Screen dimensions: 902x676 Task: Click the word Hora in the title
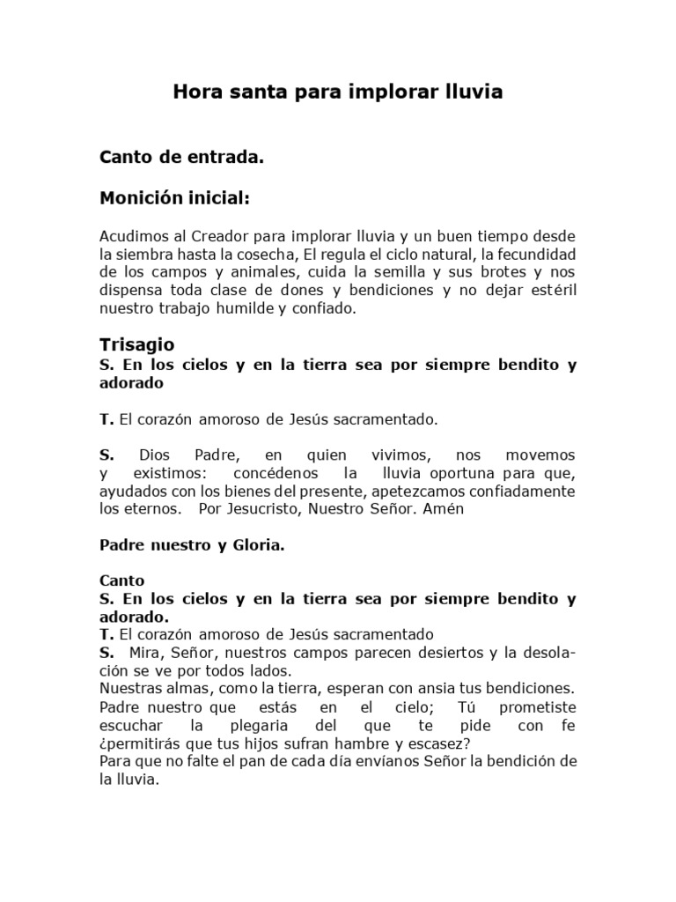click(x=196, y=92)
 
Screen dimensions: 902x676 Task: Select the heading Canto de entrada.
click(x=181, y=158)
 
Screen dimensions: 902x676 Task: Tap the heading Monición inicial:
click(x=175, y=199)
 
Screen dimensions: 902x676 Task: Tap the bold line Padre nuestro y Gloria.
click(x=192, y=545)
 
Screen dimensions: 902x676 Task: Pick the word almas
click(x=183, y=687)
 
